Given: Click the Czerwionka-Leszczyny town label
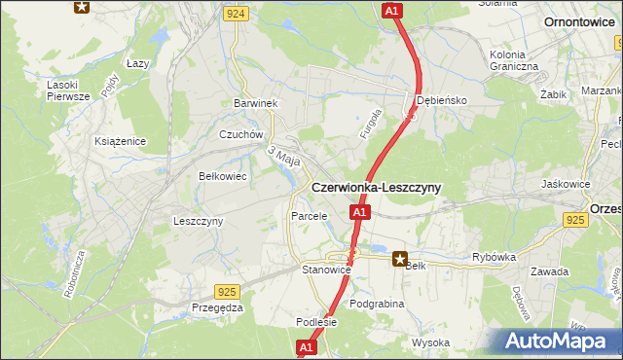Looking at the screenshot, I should (375, 188).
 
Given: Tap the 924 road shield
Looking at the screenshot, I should (234, 14).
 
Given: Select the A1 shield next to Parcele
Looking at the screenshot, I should (359, 212).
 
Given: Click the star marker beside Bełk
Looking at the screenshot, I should (400, 259).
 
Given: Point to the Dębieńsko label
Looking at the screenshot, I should (443, 100).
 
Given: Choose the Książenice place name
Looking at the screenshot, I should (120, 141).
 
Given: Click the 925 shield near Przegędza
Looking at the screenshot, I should (227, 291).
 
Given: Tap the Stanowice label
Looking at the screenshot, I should (326, 270).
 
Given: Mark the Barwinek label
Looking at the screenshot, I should (256, 103).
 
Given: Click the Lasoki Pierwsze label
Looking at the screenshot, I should (68, 90).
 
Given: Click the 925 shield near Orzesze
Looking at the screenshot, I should (575, 222).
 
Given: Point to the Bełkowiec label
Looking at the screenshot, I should (221, 176).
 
